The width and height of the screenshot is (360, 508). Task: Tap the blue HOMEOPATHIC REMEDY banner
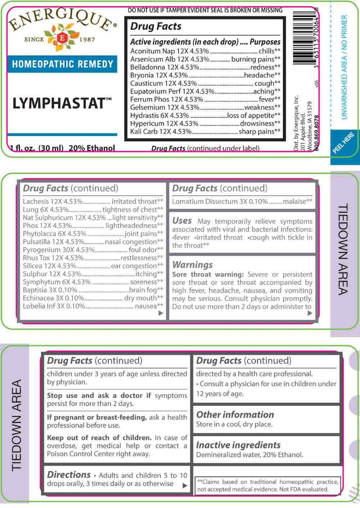pos(63,64)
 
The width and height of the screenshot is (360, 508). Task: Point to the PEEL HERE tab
pos(343,143)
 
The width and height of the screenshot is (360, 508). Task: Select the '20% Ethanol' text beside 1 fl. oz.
pos(92,148)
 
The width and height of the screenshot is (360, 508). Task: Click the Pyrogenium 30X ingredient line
pos(58,250)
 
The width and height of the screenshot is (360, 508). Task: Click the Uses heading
pos(182,221)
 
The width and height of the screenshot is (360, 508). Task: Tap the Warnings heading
pos(193,265)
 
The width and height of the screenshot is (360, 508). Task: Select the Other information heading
pos(235,414)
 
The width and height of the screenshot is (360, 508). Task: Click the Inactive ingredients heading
pos(238,445)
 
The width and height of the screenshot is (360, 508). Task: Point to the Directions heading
pos(69,475)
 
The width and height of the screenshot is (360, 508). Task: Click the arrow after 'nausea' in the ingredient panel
pos(161,313)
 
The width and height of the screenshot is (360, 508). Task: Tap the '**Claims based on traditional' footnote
pos(267,485)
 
